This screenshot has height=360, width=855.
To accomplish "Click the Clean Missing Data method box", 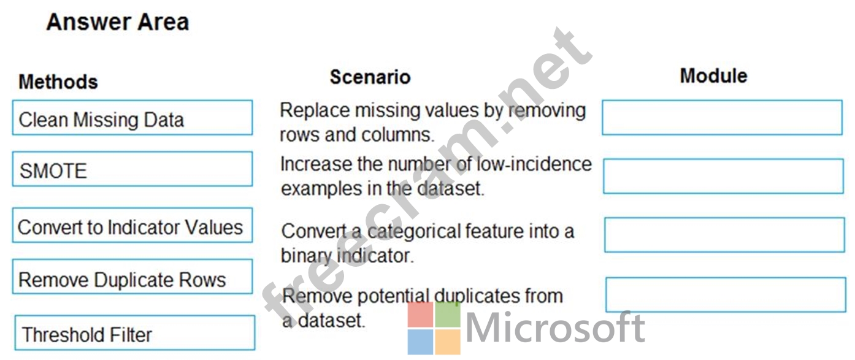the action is click(x=132, y=118).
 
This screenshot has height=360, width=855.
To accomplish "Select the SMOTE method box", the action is click(x=132, y=169).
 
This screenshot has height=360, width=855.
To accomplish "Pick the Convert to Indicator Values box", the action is click(x=132, y=225).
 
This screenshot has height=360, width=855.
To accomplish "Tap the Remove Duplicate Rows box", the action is click(x=132, y=277).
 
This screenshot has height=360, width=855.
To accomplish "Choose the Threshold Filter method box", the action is click(x=135, y=332).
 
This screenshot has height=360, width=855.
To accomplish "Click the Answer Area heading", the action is click(x=118, y=21).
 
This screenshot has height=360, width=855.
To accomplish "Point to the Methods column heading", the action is click(x=58, y=82).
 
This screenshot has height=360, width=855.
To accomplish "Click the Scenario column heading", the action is click(x=370, y=77).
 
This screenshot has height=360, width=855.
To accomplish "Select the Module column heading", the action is click(x=713, y=75).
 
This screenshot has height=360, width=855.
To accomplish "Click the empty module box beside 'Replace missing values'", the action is click(x=722, y=118).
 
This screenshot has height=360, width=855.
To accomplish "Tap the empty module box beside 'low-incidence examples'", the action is click(x=723, y=176).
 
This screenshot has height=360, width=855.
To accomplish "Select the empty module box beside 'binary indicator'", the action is click(x=724, y=235).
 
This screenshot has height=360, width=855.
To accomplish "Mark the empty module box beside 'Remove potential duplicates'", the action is click(x=726, y=295).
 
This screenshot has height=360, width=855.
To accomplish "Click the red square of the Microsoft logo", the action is click(x=420, y=315).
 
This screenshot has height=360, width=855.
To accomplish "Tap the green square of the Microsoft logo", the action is click(x=448, y=315).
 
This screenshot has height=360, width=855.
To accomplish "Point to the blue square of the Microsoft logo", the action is click(x=420, y=342).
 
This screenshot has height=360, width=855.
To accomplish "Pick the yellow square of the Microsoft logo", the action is click(x=448, y=342).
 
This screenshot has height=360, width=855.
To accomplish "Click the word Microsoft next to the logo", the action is click(x=555, y=327).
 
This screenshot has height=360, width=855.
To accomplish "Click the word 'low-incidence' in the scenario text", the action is click(x=534, y=164).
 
